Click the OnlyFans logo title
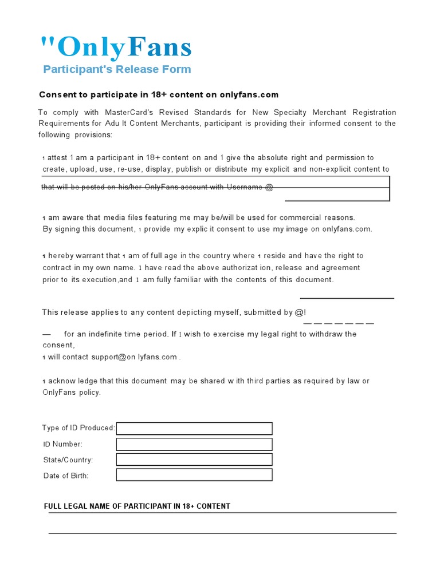click(x=116, y=47)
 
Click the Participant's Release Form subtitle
click(x=117, y=69)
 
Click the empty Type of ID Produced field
click(x=194, y=428)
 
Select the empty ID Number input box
click(x=194, y=444)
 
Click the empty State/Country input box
click(x=194, y=460)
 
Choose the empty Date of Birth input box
click(x=194, y=475)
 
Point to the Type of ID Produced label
click(x=78, y=428)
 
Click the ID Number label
click(x=63, y=444)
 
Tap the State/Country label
click(x=68, y=460)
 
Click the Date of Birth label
click(x=66, y=476)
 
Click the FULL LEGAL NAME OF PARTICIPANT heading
click(x=137, y=506)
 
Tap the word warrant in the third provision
click(x=105, y=256)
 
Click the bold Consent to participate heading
click(x=159, y=94)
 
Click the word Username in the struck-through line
click(x=245, y=187)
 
